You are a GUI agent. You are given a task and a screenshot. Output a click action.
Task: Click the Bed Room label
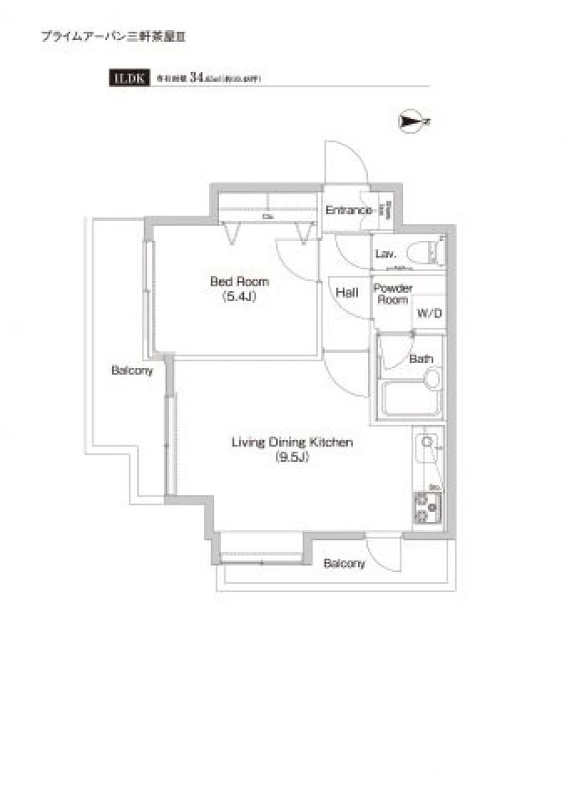tap(239, 282)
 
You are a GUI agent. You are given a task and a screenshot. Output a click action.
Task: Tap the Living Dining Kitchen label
tap(292, 442)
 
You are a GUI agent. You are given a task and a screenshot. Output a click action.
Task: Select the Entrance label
tap(348, 210)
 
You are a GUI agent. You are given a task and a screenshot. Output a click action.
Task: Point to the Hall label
tap(347, 292)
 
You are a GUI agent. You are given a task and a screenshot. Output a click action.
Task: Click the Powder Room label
tap(393, 293)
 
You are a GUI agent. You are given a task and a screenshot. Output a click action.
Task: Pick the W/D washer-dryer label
tap(429, 314)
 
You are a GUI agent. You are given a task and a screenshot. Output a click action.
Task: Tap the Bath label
tap(421, 358)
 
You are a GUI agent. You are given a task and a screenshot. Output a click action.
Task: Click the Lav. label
tap(385, 254)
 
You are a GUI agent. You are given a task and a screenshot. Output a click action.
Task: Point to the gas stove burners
tap(427, 507)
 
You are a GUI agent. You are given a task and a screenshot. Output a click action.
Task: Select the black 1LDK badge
tap(129, 78)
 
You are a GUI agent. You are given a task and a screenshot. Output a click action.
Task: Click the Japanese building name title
tap(113, 37)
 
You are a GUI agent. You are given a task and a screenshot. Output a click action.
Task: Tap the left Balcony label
tap(132, 370)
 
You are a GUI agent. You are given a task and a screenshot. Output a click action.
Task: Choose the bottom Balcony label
tap(344, 563)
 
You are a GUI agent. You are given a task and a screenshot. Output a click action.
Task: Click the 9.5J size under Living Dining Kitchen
tap(292, 457)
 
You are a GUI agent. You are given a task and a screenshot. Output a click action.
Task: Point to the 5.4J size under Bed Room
tap(239, 297)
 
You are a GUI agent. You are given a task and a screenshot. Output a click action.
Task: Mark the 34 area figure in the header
tap(197, 77)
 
